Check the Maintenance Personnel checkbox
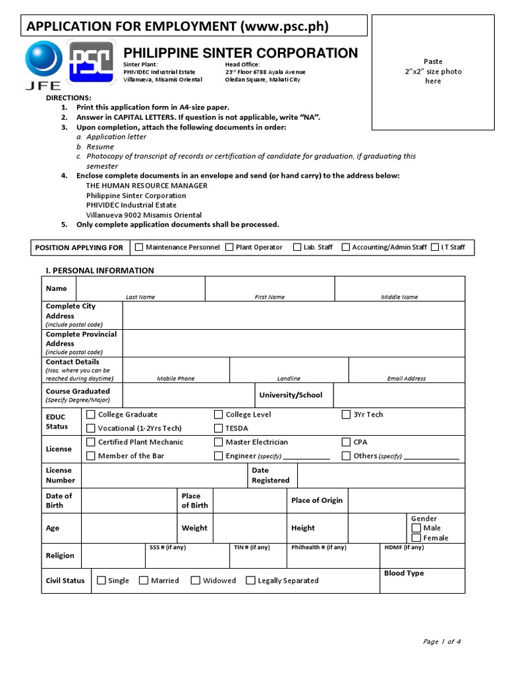coord(139,247)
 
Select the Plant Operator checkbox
coord(229,247)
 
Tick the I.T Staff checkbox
coord(435,247)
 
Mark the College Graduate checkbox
coord(91,415)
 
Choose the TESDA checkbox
coord(218,428)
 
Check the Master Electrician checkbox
coord(218,442)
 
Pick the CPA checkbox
coord(347,442)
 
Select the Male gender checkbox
coord(416,528)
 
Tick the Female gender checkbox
coord(416,538)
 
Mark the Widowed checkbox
coord(196,581)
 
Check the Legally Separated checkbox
coord(250,581)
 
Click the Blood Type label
coord(403,573)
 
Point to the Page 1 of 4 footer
coord(441,642)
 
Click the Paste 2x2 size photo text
coord(433,71)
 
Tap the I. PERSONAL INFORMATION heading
coord(99,271)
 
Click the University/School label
coord(291,395)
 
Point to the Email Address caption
coord(406,378)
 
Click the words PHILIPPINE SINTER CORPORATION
coord(241,53)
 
